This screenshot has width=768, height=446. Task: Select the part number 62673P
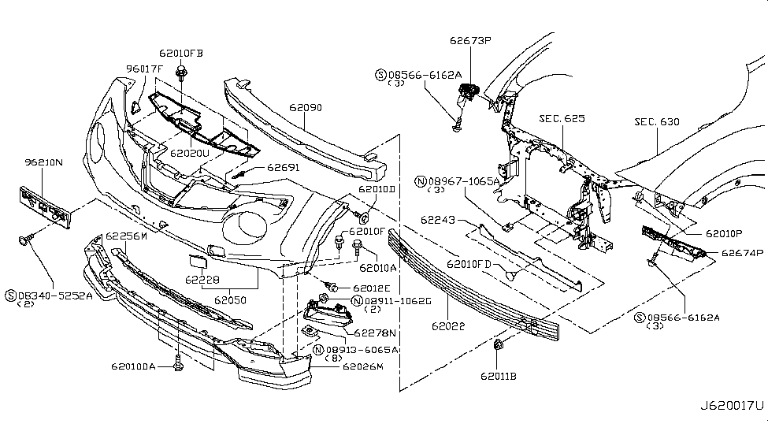pos(470,39)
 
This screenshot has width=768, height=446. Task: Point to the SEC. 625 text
pos(562,119)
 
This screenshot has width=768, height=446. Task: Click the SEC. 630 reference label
pos(656,122)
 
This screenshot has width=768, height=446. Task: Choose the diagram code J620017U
pos(730,406)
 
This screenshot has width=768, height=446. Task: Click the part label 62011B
pos(502,376)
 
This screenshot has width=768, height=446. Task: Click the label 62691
pos(283,167)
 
